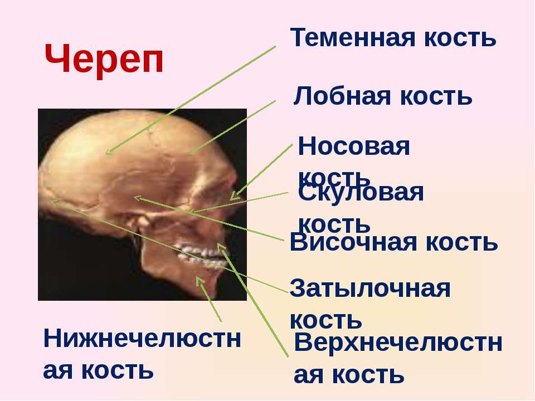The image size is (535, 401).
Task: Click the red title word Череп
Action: point(104,60)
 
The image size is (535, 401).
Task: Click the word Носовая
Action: point(354,146)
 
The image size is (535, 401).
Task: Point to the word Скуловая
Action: point(361,193)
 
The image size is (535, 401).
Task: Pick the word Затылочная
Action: point(370,288)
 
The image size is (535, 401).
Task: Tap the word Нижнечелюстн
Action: point(142,339)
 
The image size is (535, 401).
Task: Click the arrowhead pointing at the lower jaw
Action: point(200,281)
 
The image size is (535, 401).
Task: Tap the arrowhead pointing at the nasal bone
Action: point(235,195)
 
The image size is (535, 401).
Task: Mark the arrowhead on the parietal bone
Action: point(109,151)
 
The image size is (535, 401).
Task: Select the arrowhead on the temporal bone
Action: point(137,197)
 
